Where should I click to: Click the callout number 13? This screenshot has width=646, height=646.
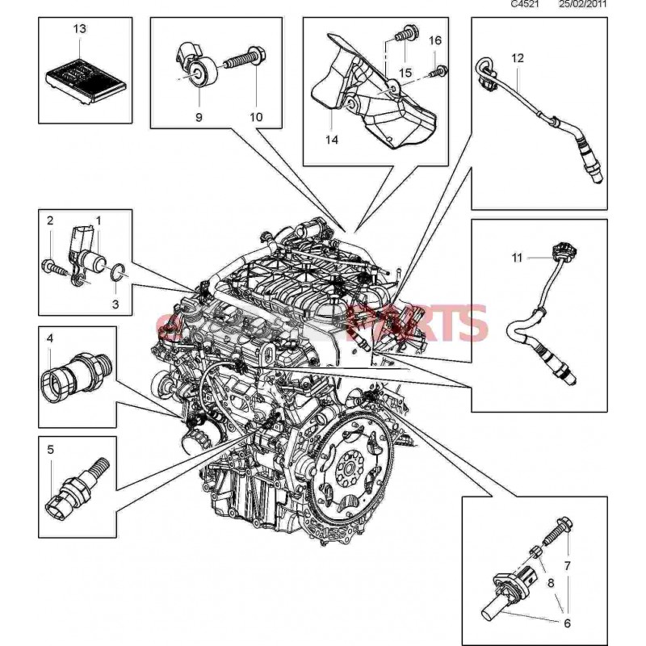pos(78,29)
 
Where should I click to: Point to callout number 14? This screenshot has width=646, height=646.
pos(332,139)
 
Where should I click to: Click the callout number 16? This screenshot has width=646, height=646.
pos(434,40)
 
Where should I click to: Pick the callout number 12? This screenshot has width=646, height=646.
pos(518,57)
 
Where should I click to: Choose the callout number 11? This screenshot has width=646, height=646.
pos(517,258)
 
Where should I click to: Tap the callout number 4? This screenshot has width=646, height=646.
pos(49,339)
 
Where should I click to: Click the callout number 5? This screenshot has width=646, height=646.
pos(49,450)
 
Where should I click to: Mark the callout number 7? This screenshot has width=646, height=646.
pos(567,565)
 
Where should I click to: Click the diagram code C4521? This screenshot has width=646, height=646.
pos(526,5)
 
